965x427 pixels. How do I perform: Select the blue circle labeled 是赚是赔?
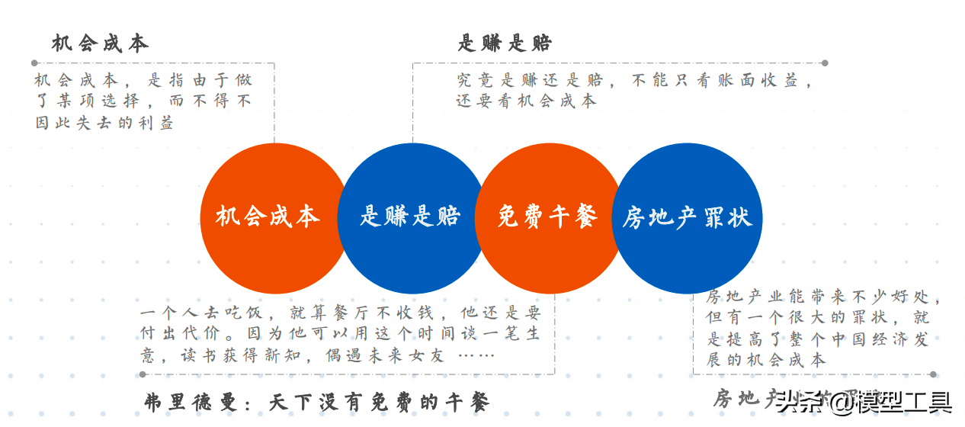click(410, 217)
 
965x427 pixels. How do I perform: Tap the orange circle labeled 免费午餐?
click(547, 217)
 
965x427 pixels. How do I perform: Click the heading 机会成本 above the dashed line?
click(100, 43)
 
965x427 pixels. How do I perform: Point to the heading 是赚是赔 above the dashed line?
click(505, 43)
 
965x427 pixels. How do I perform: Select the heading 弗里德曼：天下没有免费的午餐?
click(316, 402)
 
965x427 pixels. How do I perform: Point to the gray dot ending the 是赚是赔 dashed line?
click(825, 63)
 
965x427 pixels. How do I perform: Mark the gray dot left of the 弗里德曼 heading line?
click(142, 374)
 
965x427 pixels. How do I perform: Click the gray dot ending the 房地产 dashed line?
click(933, 374)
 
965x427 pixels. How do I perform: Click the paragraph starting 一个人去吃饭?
click(340, 334)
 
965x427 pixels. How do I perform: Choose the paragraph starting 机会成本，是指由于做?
click(143, 101)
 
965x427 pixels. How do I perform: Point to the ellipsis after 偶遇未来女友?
click(476, 355)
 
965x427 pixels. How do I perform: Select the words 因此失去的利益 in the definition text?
click(104, 122)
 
